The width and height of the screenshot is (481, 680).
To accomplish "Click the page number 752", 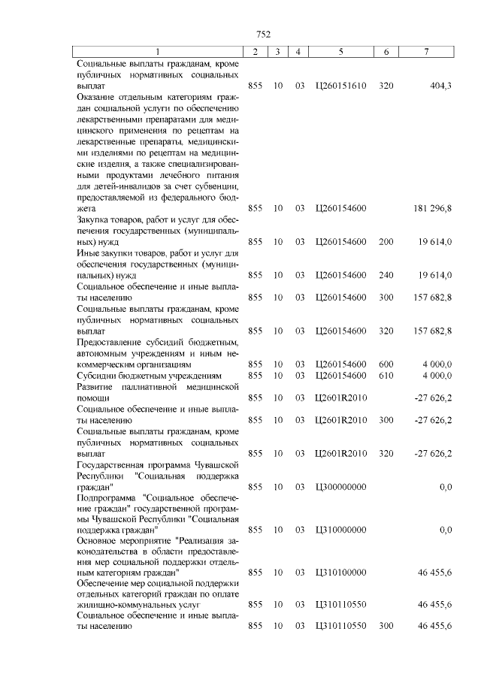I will coord(263,34).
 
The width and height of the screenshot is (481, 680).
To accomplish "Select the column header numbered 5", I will coord(341,52).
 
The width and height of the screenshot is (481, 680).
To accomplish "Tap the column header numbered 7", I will coord(426,52).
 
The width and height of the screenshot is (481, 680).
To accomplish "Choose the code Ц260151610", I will coord(341,86).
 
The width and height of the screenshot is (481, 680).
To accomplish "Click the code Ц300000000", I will coord(341,487).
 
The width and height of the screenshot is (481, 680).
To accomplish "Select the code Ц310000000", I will coord(341,530).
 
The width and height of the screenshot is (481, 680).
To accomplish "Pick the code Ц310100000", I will coord(341,573).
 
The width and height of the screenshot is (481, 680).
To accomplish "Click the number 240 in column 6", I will coord(386,276).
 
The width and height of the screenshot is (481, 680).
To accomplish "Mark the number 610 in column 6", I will coord(386,375).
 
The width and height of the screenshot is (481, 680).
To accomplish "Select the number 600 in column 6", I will coord(386,364).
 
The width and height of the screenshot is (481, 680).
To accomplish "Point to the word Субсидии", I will coord(99,375).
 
